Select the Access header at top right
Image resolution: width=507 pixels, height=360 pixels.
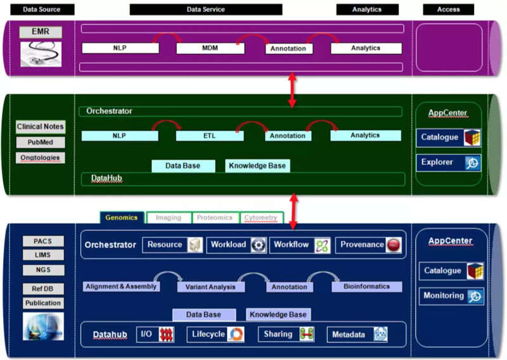coord(448,10)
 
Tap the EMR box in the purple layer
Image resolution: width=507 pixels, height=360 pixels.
coord(41,32)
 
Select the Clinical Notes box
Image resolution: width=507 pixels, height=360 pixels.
coord(41,127)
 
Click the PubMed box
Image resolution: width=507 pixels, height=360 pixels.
coord(41,143)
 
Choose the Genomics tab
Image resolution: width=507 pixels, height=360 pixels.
coord(122,217)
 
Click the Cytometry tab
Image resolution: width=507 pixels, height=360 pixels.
coord(261,217)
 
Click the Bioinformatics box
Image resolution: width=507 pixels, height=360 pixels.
coord(367,286)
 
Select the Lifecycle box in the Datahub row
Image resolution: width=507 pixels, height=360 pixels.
coord(215,334)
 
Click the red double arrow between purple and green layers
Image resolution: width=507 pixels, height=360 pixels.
coord(292,90)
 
